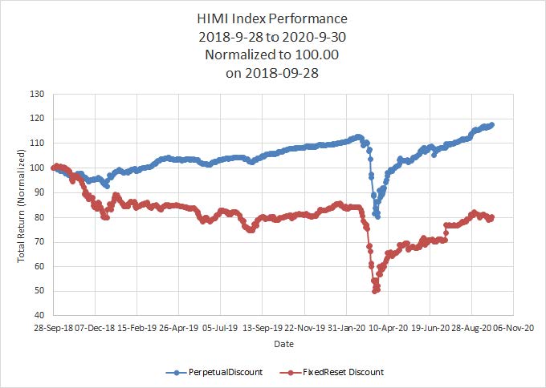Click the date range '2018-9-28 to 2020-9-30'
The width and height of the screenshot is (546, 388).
click(x=272, y=38)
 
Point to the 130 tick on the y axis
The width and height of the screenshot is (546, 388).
click(x=37, y=94)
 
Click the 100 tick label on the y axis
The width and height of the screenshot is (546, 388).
click(x=37, y=168)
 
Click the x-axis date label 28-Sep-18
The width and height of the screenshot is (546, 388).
click(x=53, y=328)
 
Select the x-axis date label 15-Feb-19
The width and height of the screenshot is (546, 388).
click(x=136, y=328)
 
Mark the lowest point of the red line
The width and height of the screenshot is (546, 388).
click(x=375, y=291)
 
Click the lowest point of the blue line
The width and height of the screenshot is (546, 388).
click(x=377, y=216)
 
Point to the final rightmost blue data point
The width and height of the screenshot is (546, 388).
click(x=491, y=124)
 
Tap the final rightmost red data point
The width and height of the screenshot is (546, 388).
click(x=491, y=216)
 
